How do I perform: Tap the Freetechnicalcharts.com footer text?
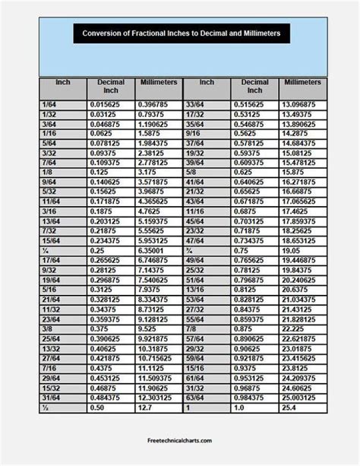[180, 439]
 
